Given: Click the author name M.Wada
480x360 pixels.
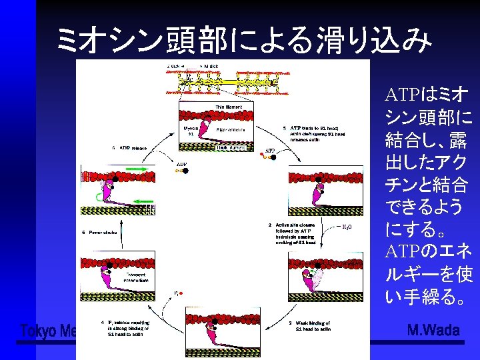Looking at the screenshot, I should tap(433, 331).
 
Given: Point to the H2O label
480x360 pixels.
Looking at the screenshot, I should tap(347, 227).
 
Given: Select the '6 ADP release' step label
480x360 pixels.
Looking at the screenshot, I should tap(129, 147).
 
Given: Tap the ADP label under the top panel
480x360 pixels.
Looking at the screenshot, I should tap(181, 163).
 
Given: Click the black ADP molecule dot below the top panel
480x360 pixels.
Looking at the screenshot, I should tap(185, 171).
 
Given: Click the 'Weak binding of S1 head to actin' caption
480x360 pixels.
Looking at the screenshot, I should tap(311, 325).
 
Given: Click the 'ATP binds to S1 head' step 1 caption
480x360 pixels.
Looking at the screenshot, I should tap(313, 133).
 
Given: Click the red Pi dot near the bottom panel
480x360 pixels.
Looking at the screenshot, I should tap(181, 293).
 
